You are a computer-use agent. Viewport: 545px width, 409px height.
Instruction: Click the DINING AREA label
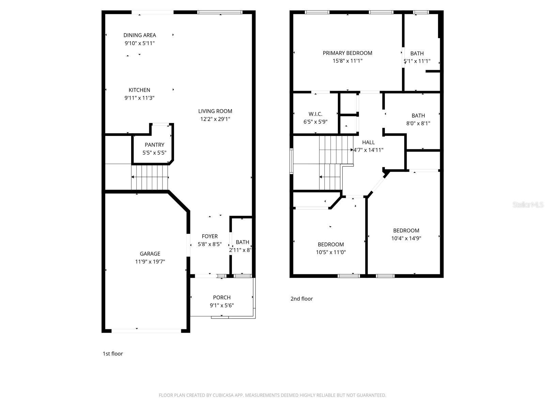(140, 35)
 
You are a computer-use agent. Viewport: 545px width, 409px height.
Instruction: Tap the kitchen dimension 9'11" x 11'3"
(140, 98)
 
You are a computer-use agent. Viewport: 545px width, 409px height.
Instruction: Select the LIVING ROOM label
(215, 111)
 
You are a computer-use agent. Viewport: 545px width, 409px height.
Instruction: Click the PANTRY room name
(154, 145)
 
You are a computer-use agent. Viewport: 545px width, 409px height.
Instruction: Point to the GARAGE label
(150, 254)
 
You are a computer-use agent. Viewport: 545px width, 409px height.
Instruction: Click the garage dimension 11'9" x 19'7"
(150, 262)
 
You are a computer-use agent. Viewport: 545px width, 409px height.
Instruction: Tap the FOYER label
(210, 236)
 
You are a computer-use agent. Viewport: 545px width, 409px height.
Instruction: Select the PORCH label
(222, 298)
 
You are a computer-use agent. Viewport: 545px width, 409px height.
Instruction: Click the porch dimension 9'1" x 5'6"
(222, 306)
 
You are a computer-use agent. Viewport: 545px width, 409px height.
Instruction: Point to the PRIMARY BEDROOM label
(347, 53)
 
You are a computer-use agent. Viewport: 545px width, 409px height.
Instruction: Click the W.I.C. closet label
(315, 114)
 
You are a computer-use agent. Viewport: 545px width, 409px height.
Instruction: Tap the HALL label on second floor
(368, 142)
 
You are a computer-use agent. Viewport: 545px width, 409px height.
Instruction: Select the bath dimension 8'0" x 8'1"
(418, 124)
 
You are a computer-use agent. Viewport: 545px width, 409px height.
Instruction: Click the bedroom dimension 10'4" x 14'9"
(406, 239)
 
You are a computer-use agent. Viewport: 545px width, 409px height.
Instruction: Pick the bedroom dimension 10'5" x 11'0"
(331, 253)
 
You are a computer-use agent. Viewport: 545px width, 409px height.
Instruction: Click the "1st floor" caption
(113, 354)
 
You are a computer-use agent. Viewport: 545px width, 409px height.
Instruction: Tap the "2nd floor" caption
(301, 299)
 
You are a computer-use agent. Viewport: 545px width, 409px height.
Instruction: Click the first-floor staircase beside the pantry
(150, 177)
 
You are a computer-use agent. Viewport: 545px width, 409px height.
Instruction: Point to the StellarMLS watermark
(528, 205)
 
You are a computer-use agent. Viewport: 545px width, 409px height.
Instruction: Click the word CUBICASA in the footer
(225, 395)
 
